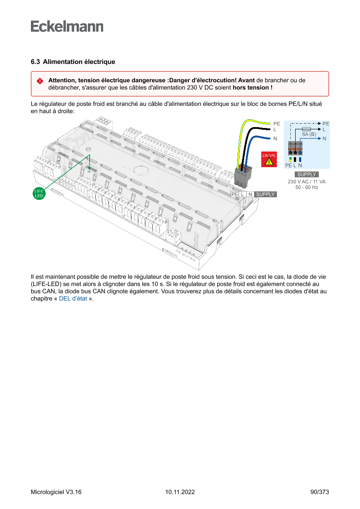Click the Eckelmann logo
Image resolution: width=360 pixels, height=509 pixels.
pyautogui.click(x=67, y=27)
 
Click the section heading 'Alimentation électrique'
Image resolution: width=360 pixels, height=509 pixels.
pyautogui.click(x=79, y=62)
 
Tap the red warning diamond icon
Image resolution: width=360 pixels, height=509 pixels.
pyautogui.click(x=40, y=81)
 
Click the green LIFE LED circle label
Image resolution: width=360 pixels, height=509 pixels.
pyautogui.click(x=39, y=193)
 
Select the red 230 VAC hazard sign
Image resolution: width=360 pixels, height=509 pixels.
pyautogui.click(x=269, y=160)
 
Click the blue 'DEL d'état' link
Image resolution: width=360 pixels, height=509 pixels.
pyautogui.click(x=73, y=299)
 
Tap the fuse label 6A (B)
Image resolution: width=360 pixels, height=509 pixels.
pyautogui.click(x=309, y=134)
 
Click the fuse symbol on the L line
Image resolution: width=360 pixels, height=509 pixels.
pyautogui.click(x=306, y=129)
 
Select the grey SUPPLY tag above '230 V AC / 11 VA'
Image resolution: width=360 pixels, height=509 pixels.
pyautogui.click(x=306, y=175)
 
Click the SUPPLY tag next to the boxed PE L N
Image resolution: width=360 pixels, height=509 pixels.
pyautogui.click(x=265, y=194)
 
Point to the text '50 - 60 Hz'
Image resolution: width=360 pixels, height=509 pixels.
pyautogui.click(x=306, y=187)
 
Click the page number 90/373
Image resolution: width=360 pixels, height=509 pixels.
pyautogui.click(x=320, y=492)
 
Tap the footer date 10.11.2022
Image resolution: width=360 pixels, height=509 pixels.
pyautogui.click(x=180, y=492)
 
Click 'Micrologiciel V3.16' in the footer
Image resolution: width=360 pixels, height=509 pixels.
pyautogui.click(x=56, y=492)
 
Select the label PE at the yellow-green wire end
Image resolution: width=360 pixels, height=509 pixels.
pyautogui.click(x=276, y=124)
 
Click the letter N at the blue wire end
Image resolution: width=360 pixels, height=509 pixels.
pyautogui.click(x=275, y=139)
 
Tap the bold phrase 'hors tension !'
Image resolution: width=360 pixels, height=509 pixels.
pyautogui.click(x=253, y=88)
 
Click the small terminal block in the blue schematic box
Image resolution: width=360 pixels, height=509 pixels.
pyautogui.click(x=295, y=149)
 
